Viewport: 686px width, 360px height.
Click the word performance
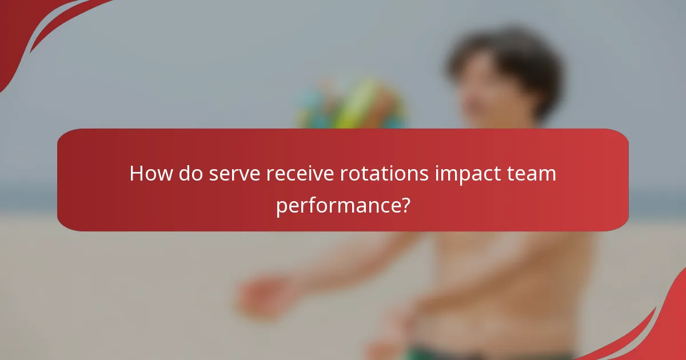(x=337, y=204)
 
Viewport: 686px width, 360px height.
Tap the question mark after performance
(x=405, y=204)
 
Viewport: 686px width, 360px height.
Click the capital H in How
(x=137, y=173)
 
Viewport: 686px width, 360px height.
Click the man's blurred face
(x=486, y=97)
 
